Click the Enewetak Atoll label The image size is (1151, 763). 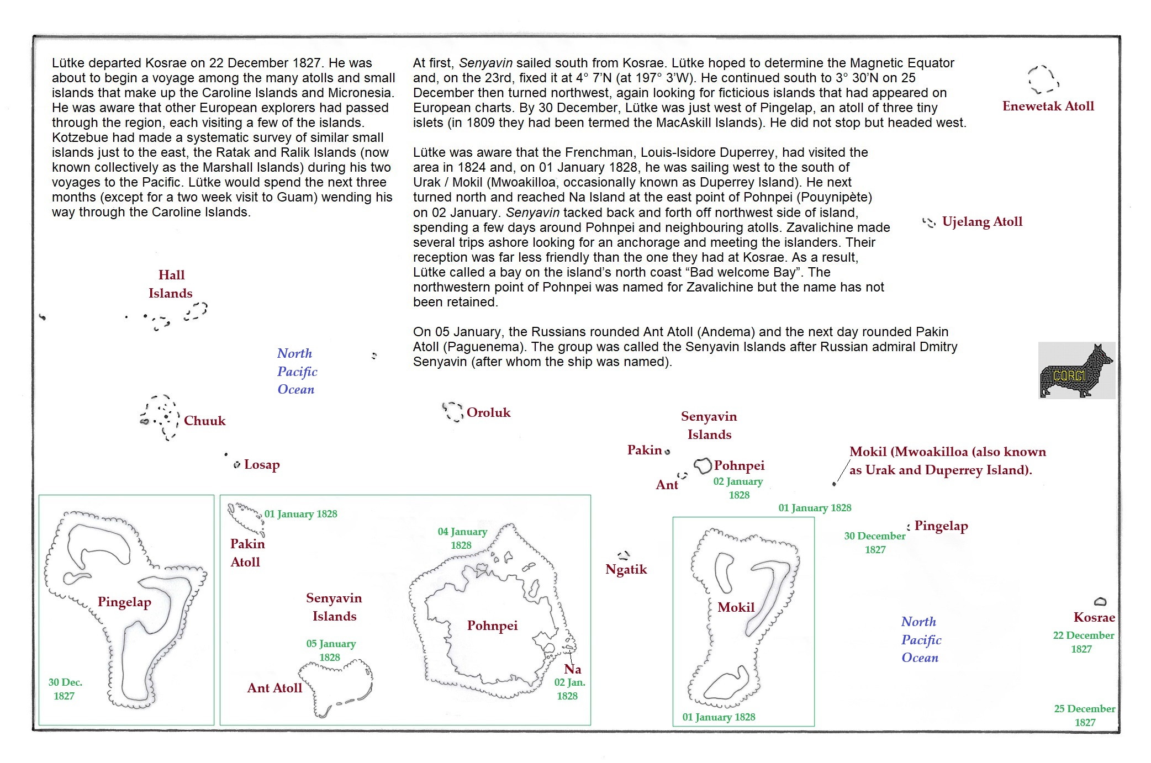(1048, 106)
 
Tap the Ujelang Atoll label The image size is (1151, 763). (982, 221)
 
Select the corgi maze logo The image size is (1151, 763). (1076, 370)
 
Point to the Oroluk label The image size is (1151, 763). (488, 412)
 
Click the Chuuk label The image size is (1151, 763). (204, 421)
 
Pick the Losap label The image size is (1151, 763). (262, 464)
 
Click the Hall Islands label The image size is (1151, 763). (171, 284)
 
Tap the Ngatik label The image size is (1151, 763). (626, 569)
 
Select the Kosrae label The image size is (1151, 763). (1094, 617)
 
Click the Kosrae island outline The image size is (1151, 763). (1100, 601)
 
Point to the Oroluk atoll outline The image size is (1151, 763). (453, 411)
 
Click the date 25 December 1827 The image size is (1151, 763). (1084, 715)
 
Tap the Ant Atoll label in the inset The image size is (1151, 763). (274, 688)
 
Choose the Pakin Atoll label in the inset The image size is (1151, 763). (247, 553)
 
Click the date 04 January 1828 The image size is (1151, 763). (462, 538)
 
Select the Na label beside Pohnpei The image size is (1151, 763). (573, 669)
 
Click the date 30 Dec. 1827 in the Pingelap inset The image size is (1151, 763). (65, 689)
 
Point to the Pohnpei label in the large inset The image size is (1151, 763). (492, 626)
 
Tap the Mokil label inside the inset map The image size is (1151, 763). (736, 607)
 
